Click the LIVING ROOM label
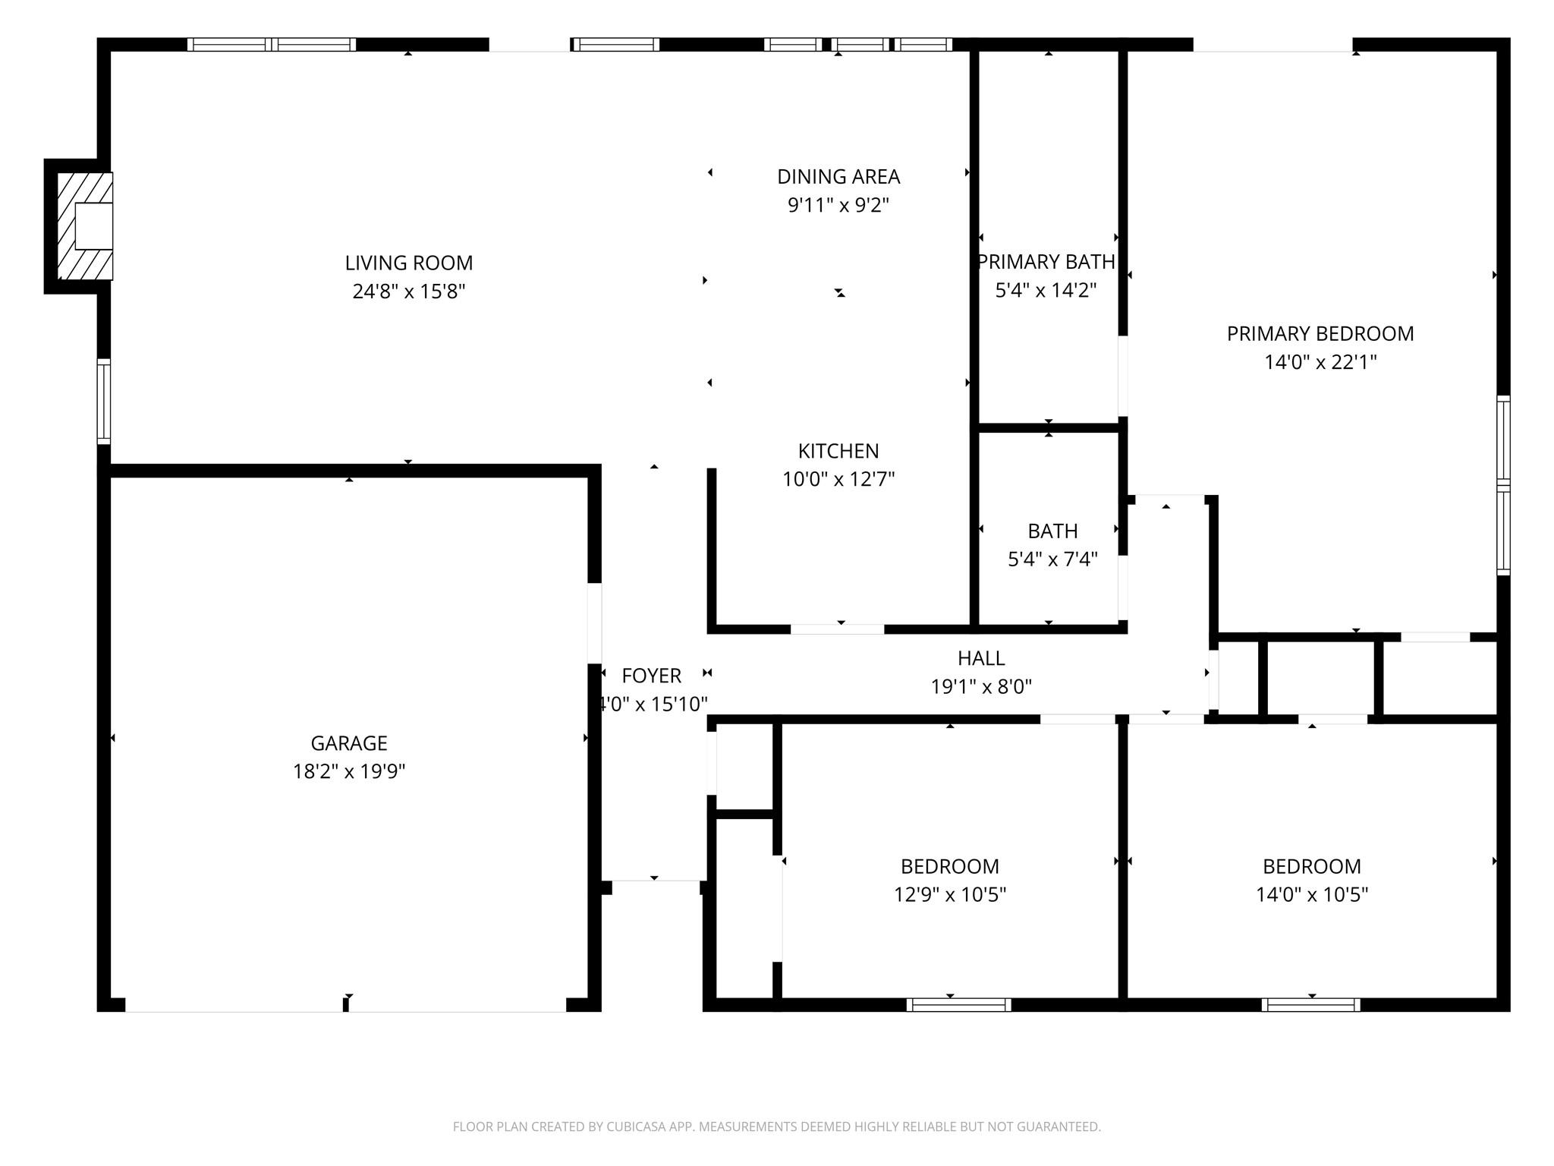click(409, 263)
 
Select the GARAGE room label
click(349, 743)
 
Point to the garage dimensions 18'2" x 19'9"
click(349, 772)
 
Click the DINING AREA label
click(838, 177)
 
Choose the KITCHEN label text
click(838, 452)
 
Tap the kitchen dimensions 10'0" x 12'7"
click(838, 480)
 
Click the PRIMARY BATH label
click(1046, 262)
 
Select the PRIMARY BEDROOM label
click(1320, 334)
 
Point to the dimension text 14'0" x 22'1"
click(1320, 363)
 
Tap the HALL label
click(981, 659)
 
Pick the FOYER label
click(652, 676)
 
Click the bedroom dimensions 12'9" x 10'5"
click(950, 895)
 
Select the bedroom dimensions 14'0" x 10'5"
click(1312, 895)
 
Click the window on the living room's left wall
click(104, 402)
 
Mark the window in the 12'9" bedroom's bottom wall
click(959, 1005)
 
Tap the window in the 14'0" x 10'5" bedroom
click(1311, 1005)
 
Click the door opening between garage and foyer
click(595, 623)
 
